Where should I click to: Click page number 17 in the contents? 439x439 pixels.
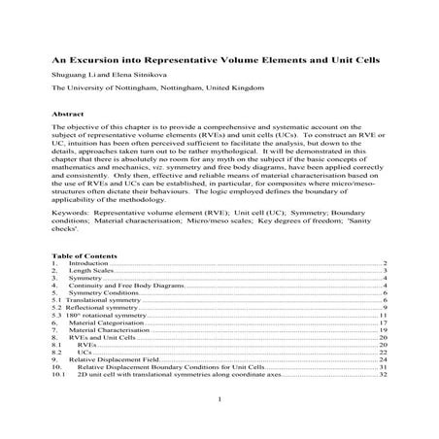click(385, 323)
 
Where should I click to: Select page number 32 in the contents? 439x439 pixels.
click(385, 375)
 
